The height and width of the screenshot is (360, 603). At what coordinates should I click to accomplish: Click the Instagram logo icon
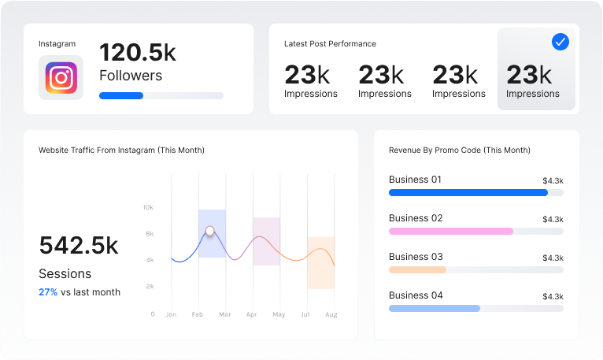coord(61,78)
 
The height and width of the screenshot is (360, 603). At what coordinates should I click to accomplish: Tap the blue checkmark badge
coord(560,42)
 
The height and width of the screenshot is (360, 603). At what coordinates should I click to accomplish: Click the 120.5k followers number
coord(138,52)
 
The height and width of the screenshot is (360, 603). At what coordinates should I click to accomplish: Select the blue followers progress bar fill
coord(121,96)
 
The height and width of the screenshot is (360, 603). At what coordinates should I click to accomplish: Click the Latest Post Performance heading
coord(330,44)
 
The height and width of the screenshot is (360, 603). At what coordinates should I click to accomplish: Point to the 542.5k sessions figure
coord(79,246)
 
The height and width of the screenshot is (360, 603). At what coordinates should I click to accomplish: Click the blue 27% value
coord(48,292)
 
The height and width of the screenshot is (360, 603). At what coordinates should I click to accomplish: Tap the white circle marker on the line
coord(210,231)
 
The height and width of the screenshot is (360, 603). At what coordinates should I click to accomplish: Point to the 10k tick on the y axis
coord(149,207)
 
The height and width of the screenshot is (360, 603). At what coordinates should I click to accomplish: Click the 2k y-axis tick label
coord(150,287)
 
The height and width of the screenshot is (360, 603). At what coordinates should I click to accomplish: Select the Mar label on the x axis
coord(225,314)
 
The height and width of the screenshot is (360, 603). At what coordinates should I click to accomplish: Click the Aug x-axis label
coord(331,314)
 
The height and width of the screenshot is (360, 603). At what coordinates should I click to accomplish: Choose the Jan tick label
coord(171,314)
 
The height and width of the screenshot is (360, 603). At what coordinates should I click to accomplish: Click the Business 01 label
coord(415,180)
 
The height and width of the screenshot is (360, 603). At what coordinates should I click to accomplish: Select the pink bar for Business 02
coord(451,231)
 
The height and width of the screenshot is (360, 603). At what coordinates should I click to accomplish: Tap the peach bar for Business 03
coord(418,269)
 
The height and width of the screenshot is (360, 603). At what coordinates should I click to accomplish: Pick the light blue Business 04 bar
coord(435,309)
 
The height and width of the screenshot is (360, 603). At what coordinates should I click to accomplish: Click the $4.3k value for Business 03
coord(553,258)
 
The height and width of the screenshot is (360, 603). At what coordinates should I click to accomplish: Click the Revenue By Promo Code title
coord(460,150)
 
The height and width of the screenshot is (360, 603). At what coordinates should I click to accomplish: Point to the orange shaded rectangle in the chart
coord(320,263)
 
